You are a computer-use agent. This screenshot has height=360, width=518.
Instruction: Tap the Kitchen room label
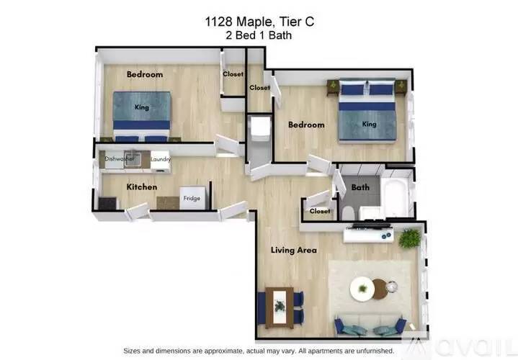pyautogui.click(x=142, y=186)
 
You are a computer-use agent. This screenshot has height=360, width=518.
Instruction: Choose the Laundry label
pyautogui.click(x=160, y=158)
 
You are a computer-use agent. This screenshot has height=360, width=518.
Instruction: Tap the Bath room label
pyautogui.click(x=360, y=187)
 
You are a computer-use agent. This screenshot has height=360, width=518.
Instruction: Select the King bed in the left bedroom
pyautogui.click(x=142, y=112)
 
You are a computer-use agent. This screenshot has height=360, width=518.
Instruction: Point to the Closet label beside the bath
pyautogui.click(x=320, y=211)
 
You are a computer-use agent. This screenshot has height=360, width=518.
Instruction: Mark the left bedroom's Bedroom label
pyautogui.click(x=145, y=74)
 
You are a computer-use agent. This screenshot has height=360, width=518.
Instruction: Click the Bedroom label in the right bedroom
pyautogui.click(x=306, y=125)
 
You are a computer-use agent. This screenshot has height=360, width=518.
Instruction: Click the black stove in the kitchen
pyautogui.click(x=107, y=204)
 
